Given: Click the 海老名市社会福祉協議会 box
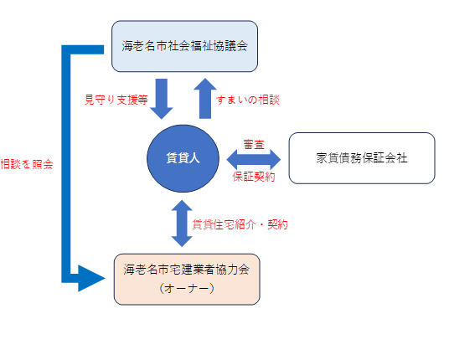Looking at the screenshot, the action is pyautogui.click(x=184, y=46).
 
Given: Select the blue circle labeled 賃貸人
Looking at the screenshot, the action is pyautogui.click(x=183, y=158).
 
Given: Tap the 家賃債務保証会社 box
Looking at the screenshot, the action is pyautogui.click(x=362, y=158).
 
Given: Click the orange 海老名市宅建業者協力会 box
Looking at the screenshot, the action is pyautogui.click(x=187, y=279).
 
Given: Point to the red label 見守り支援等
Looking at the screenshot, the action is pyautogui.click(x=116, y=100).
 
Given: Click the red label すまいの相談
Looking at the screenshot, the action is pyautogui.click(x=248, y=100).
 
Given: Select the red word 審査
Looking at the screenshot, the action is pyautogui.click(x=254, y=145).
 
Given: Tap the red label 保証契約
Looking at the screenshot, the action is pyautogui.click(x=254, y=177).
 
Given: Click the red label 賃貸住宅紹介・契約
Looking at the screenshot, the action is pyautogui.click(x=240, y=224).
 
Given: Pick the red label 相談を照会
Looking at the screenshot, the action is pyautogui.click(x=27, y=164).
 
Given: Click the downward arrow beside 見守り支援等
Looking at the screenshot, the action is pyautogui.click(x=162, y=99).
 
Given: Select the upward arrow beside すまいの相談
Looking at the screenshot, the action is pyautogui.click(x=205, y=99).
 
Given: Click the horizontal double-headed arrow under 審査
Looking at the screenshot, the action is pyautogui.click(x=254, y=160).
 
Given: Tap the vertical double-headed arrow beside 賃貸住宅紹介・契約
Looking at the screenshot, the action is pyautogui.click(x=182, y=224).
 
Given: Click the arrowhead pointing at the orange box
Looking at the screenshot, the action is pyautogui.click(x=91, y=278).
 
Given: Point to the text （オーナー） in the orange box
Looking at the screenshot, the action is pyautogui.click(x=187, y=288).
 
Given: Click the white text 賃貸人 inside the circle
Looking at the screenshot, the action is pyautogui.click(x=183, y=158).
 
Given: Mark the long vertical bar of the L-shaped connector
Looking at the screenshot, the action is pyautogui.click(x=66, y=164).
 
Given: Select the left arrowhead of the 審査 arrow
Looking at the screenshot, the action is pyautogui.click(x=233, y=160).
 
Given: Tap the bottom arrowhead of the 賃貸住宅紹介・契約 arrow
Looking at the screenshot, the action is pyautogui.click(x=182, y=241).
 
